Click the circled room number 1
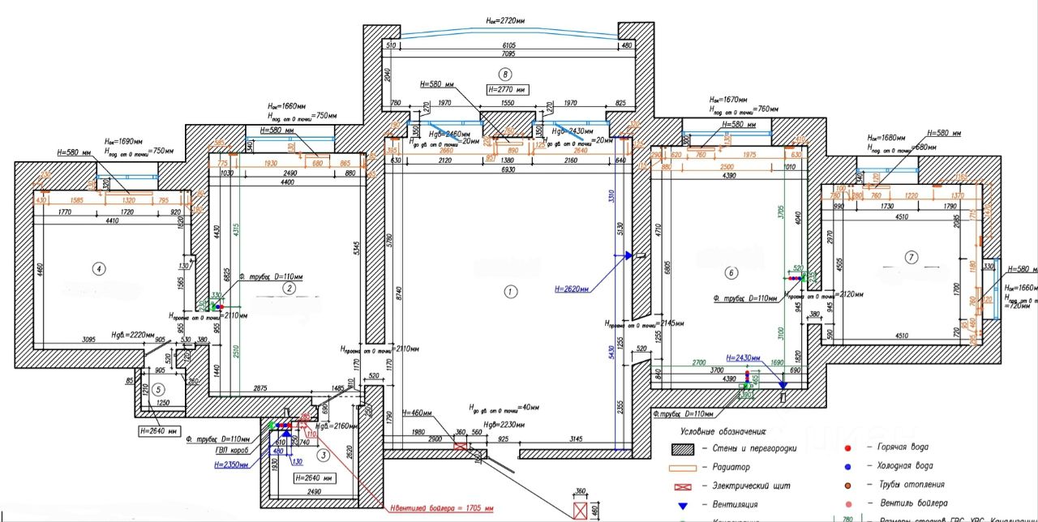click(510, 290)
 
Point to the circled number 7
click(911, 258)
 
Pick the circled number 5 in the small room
click(159, 387)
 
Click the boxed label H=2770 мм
click(508, 89)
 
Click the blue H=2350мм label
click(232, 465)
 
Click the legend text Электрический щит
click(752, 486)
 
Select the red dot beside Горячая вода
click(847, 447)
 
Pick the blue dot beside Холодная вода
click(847, 466)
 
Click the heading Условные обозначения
click(723, 431)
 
